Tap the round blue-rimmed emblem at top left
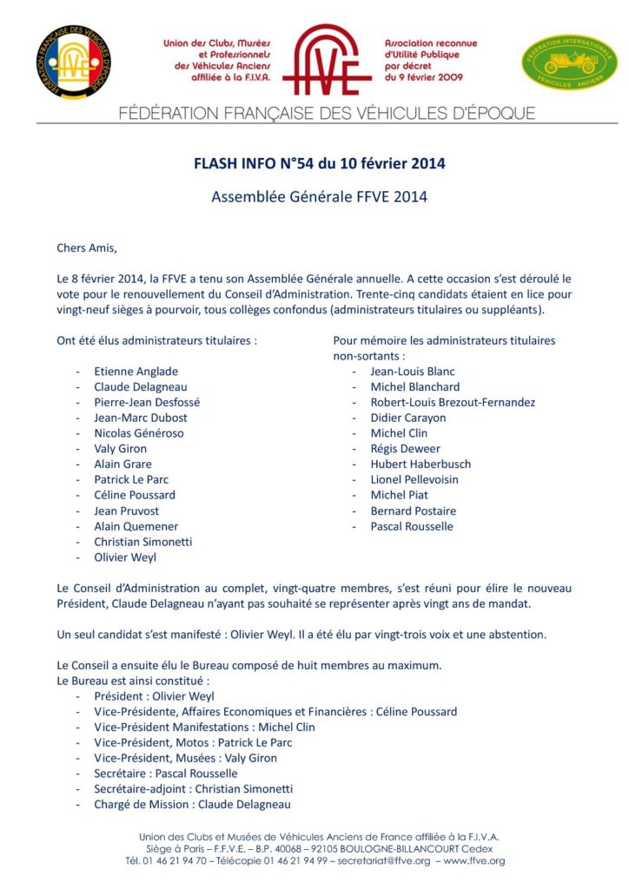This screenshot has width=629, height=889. [x=74, y=61]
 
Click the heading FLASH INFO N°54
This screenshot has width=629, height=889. [x=319, y=163]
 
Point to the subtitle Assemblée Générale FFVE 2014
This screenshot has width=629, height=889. [x=319, y=196]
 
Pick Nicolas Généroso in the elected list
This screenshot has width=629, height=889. [x=139, y=432]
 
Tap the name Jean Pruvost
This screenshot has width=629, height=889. [x=127, y=510]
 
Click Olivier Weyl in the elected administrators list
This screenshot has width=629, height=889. [x=125, y=557]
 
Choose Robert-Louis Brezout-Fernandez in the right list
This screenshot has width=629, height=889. [x=452, y=402]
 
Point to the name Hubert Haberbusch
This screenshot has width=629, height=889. [x=420, y=464]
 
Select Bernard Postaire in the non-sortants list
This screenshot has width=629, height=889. [x=413, y=510]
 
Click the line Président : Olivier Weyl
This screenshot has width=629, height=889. [x=154, y=695]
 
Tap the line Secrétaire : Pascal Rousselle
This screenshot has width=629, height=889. [x=166, y=773]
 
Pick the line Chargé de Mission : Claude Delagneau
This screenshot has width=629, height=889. [x=193, y=804]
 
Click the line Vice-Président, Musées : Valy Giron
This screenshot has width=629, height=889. [x=185, y=757]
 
